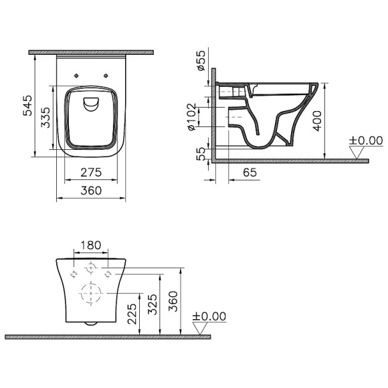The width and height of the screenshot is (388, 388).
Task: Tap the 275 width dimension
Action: (91, 173)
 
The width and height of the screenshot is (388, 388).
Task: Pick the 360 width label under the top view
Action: (91, 191)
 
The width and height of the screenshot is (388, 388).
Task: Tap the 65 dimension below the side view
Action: (250, 173)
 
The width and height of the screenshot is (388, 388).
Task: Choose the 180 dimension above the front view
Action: (92, 246)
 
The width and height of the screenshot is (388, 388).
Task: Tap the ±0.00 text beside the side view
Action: (365, 140)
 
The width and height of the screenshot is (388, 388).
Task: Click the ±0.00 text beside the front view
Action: (209, 316)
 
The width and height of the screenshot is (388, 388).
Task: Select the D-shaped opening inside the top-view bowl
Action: (91, 102)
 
